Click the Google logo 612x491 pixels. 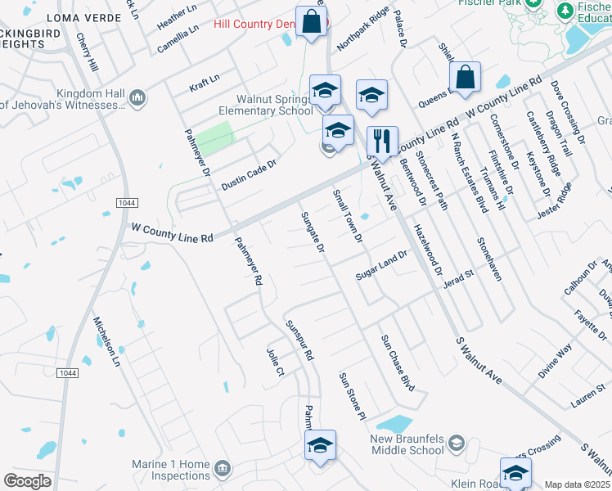(28, 480)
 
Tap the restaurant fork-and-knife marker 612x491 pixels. (381, 140)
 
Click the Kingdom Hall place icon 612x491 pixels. (137, 99)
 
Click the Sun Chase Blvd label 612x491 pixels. (397, 361)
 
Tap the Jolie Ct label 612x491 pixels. (274, 361)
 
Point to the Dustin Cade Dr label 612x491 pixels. (250, 175)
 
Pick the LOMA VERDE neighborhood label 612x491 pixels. (79, 17)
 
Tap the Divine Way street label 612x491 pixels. (555, 360)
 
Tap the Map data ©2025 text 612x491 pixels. (577, 484)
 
